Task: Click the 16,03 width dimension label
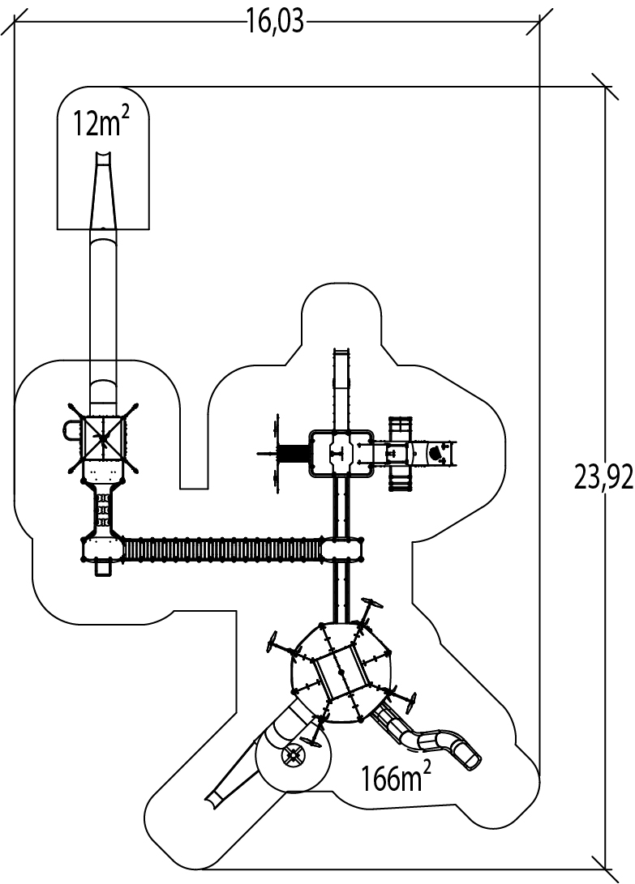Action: (276, 21)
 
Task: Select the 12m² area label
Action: (101, 124)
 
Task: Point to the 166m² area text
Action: (397, 779)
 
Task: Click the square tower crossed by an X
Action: (103, 438)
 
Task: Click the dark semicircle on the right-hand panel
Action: (437, 451)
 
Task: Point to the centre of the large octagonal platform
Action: (341, 672)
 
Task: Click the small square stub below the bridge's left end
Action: (102, 568)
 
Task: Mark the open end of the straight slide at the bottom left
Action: (212, 798)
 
